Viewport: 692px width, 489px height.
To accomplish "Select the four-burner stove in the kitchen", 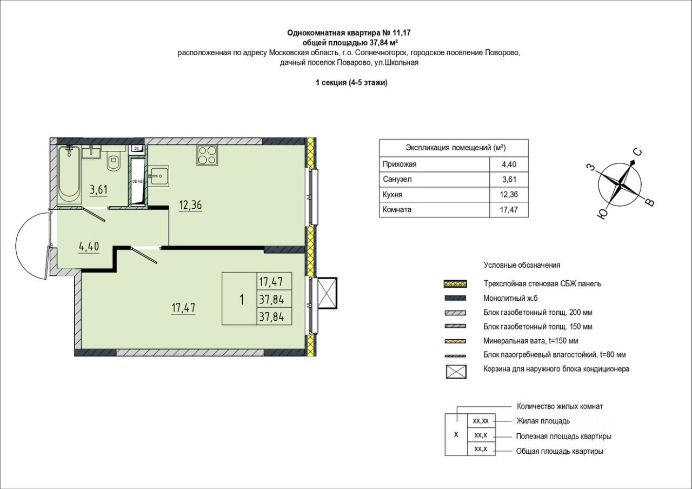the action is coord(207,155).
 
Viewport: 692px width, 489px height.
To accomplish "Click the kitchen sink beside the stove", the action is coord(158,176).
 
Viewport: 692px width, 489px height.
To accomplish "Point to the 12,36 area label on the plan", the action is coord(191,205).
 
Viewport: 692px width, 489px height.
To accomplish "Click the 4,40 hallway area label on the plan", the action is coord(89,247).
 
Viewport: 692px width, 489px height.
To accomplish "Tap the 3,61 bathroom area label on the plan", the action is coord(98,189).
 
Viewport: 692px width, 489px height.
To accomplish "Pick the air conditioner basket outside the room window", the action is coord(327,293).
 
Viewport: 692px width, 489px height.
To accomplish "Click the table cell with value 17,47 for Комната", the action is coord(509,210).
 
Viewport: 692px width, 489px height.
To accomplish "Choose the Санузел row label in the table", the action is coord(397,179).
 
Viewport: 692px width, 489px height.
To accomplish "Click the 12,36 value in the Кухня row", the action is coord(509,194).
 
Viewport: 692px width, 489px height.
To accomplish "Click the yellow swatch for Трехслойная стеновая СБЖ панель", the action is coord(455,284).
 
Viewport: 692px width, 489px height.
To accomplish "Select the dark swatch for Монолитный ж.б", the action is coord(455,298).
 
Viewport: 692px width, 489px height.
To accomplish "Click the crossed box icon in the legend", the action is coord(456,371).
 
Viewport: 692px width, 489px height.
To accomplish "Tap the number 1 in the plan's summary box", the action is coord(242,299).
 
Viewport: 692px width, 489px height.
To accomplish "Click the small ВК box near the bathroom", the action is coord(137,148).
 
